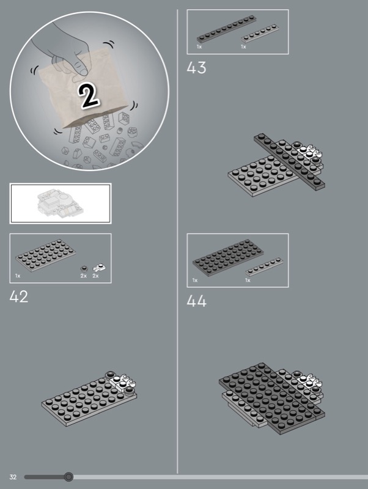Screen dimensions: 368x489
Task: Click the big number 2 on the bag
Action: coord(89,96)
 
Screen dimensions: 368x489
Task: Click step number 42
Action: coord(19,296)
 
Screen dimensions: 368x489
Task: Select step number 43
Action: coord(196,68)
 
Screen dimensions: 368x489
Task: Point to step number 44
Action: coord(196,301)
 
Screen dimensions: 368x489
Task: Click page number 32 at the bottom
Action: coord(13,477)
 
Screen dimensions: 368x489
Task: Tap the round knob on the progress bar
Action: coord(68,477)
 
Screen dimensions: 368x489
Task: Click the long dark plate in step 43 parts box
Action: coord(227,29)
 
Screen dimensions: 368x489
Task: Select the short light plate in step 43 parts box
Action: coord(260,34)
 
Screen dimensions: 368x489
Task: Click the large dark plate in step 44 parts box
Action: coord(228,257)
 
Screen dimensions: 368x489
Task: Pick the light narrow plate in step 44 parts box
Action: coord(264,267)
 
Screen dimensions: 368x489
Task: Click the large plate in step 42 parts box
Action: coord(45,256)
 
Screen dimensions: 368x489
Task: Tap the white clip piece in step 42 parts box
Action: coord(100,268)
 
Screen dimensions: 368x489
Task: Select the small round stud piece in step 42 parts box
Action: coord(84,269)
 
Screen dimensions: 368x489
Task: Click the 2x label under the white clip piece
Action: coord(95,276)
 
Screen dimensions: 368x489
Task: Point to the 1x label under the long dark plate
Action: coord(199,47)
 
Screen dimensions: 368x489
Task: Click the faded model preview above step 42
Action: coord(61,203)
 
